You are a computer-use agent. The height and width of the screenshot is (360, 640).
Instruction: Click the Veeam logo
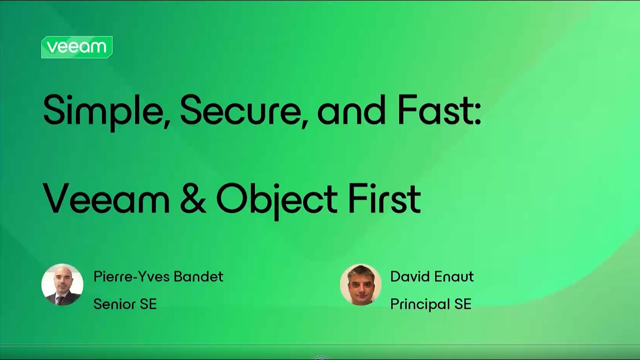76,47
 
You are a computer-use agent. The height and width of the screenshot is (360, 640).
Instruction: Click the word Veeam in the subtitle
106,199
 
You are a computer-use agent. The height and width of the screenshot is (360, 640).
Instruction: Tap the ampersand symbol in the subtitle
192,199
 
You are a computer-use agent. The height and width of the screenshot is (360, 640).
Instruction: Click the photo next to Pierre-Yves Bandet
62,284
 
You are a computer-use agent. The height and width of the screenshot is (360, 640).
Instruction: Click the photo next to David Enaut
360,284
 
